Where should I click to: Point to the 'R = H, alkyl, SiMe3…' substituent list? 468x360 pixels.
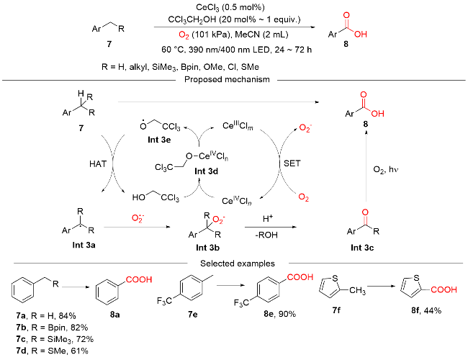(x=181, y=66)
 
